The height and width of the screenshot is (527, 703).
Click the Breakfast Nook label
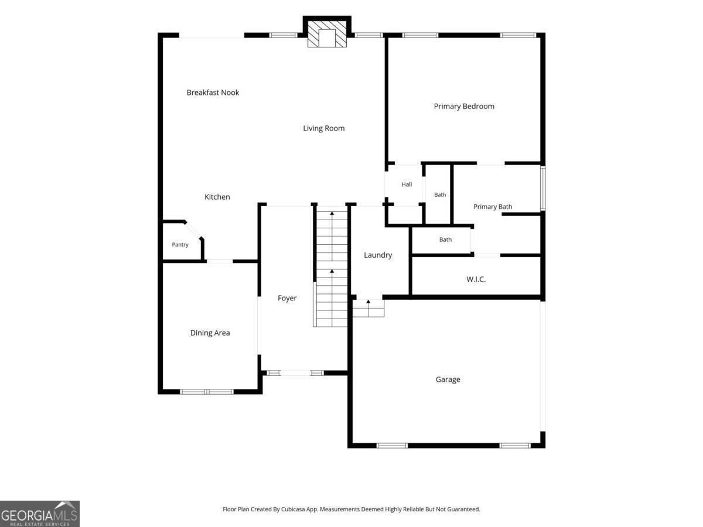[213, 93]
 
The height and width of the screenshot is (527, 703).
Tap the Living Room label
[324, 128]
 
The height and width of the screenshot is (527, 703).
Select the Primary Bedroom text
[464, 106]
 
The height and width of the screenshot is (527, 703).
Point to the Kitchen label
[217, 197]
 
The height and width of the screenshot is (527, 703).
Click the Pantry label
[180, 245]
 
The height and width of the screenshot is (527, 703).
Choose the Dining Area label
[210, 333]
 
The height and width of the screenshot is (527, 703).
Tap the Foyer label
[287, 298]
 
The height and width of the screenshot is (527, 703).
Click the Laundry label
[378, 255]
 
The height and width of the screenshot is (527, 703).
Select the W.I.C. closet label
[476, 279]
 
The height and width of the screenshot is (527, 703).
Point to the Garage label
[448, 379]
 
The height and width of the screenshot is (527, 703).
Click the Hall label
[407, 184]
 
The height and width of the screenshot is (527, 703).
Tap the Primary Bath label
[493, 207]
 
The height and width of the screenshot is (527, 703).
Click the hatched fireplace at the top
[327, 34]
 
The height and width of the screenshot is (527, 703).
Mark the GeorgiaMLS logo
[40, 514]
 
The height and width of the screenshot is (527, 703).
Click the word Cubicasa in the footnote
[293, 509]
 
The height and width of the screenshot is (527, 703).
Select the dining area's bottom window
[207, 392]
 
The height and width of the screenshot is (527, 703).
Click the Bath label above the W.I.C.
[445, 239]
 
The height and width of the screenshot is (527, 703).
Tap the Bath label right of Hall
[440, 195]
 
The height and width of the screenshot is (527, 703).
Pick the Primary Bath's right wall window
[543, 188]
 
